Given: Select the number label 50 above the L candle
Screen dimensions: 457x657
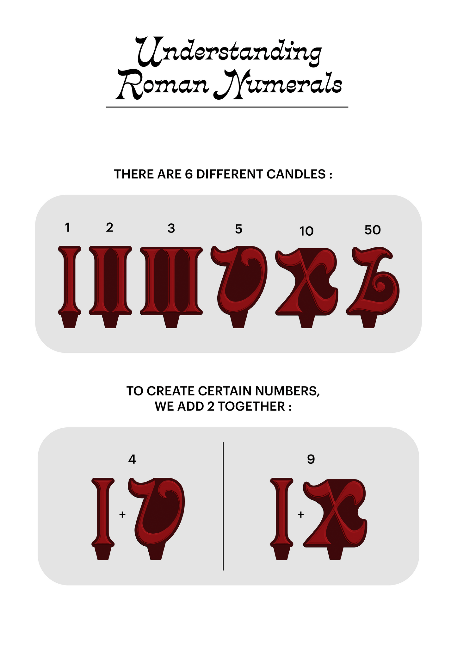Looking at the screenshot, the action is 372,230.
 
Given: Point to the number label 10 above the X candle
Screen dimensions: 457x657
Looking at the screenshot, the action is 306,231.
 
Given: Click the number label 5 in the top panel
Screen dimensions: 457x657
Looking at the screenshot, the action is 238,229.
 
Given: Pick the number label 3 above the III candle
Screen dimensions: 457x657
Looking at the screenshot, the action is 171,228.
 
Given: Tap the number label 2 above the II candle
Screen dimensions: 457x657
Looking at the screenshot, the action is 109,227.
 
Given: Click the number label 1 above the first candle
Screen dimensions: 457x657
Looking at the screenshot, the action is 67,227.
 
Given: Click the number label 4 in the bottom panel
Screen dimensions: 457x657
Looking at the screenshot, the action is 132,459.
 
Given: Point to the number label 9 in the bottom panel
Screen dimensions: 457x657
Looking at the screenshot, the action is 311,459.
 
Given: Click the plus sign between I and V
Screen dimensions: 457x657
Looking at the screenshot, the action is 122,515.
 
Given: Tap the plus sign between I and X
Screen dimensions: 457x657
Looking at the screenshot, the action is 301,515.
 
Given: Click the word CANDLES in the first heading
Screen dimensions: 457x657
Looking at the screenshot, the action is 296,174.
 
